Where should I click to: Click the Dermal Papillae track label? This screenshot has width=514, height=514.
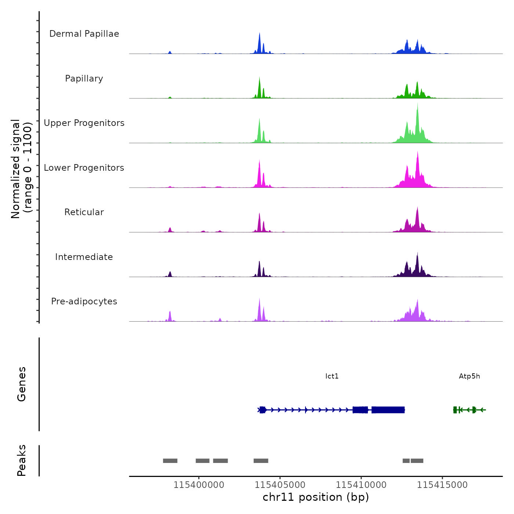point(84,34)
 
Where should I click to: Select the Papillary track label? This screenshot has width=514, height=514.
point(84,79)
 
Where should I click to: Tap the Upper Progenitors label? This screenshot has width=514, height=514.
point(84,123)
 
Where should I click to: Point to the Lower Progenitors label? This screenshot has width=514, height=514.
point(84,168)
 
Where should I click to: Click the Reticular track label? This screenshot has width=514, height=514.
point(84,212)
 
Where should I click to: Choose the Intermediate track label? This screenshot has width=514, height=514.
point(84,257)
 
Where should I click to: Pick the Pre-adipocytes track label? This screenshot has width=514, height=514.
point(84,301)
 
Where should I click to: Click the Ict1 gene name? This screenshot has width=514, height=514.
point(332,376)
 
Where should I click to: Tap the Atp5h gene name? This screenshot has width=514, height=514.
point(469,376)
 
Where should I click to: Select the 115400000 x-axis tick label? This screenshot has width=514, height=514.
point(199,485)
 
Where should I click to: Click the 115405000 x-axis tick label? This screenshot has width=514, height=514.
point(280,485)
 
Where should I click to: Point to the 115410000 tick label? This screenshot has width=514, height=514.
point(361,485)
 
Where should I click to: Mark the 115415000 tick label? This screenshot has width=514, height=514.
point(442,485)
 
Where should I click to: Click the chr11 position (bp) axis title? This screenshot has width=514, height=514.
point(316,497)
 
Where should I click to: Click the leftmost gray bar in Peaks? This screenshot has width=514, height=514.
point(170,461)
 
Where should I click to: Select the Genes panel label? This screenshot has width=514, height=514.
point(22,384)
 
